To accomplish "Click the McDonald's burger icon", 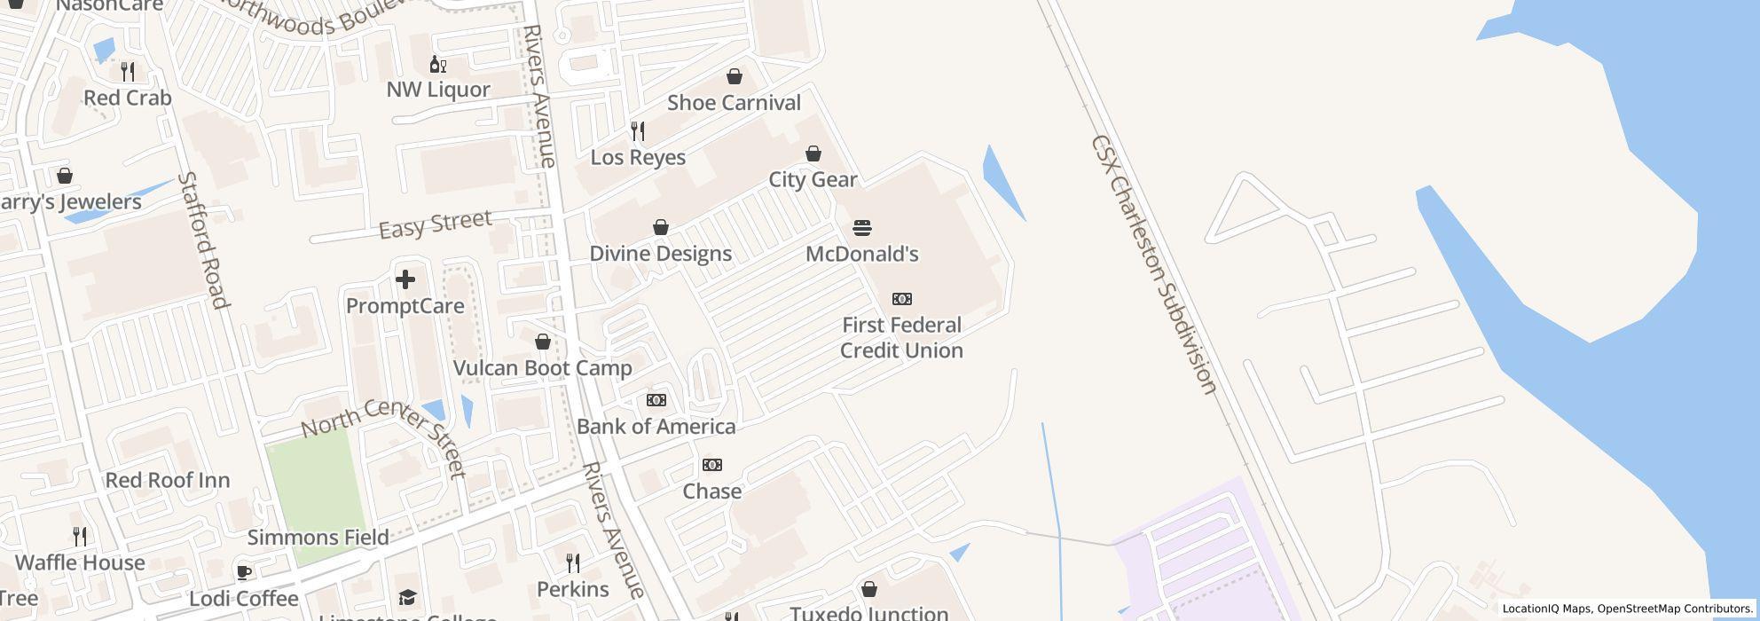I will pos(861,228).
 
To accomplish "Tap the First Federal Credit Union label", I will pos(901,338).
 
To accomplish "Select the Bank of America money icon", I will pos(656,400).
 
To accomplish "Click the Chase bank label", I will pos(711,491).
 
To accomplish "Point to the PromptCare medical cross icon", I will pos(405,279).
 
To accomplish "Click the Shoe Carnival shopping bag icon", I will pos(735,76).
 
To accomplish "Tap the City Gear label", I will pos(813,180).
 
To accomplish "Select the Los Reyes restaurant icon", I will pos(638,131).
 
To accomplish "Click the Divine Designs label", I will pos(661,254).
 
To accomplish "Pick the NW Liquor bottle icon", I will pos(437,64).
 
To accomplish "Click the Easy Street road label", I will pos(435,224).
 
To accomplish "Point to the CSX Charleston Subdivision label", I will pos(1152,263).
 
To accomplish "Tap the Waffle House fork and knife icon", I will pos(80,536).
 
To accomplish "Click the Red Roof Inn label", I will pos(168,481).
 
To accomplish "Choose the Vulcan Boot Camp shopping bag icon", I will pos(543,342).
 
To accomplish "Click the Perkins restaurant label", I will pos(573,590).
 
